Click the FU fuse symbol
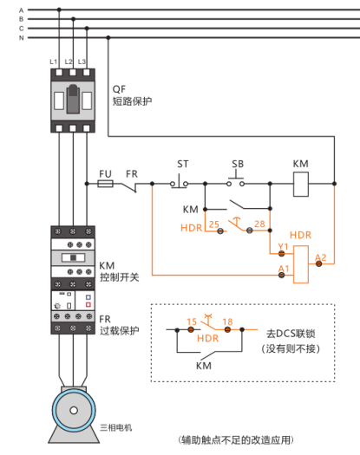105,184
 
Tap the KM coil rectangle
301,185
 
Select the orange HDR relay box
301,264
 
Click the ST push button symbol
179,182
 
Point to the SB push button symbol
236,179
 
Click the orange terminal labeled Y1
281,254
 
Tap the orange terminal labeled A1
281,275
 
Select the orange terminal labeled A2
318,263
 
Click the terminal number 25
214,224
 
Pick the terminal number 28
259,224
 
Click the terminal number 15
192,322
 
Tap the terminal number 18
227,322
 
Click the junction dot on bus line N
108,38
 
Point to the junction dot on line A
59,10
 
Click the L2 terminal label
69,62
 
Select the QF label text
119,89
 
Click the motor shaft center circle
74,410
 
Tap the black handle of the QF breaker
73,99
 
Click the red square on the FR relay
88,304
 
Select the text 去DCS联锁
291,334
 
